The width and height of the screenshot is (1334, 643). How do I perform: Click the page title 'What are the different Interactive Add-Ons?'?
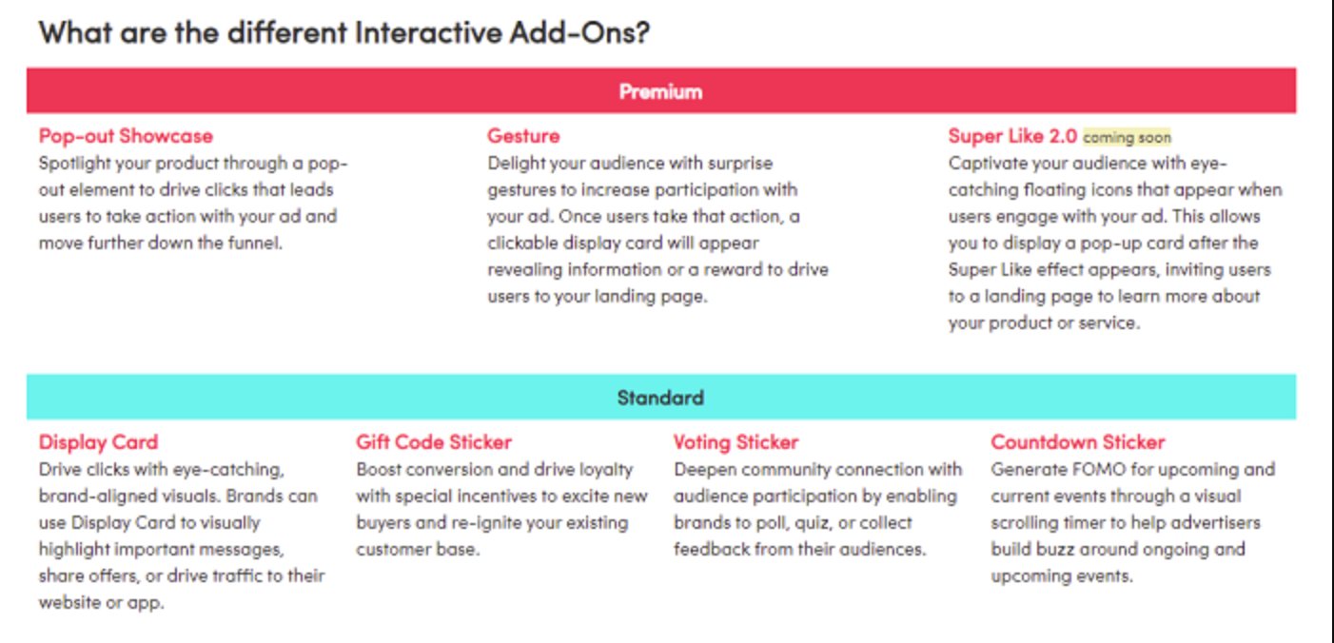click(x=344, y=32)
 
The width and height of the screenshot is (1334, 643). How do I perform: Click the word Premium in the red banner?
click(x=660, y=91)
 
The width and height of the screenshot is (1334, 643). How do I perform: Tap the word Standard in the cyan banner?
click(x=660, y=398)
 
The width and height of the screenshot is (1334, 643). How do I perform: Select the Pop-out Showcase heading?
click(x=126, y=136)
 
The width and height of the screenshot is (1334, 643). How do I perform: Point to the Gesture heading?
click(x=523, y=136)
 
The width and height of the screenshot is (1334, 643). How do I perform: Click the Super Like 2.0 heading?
click(x=1012, y=136)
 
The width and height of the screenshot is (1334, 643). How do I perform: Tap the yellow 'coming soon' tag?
click(x=1127, y=138)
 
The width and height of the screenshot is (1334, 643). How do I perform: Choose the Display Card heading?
click(x=98, y=442)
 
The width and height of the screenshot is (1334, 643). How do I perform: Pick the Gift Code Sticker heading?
click(x=434, y=442)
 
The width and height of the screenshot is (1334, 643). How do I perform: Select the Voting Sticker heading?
click(x=736, y=442)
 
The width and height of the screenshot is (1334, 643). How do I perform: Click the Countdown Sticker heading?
click(x=1078, y=442)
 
